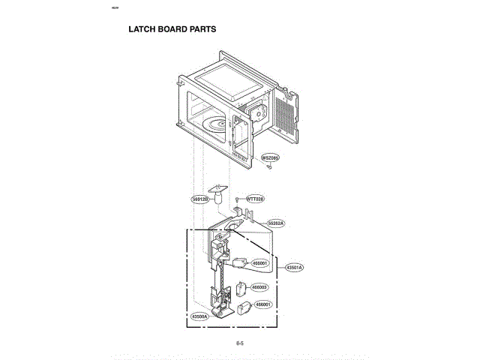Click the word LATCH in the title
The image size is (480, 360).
pos(142,29)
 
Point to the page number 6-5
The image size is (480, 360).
pos(240,343)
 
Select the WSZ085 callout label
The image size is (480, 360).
pos(270,158)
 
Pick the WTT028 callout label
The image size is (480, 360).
pos(256,199)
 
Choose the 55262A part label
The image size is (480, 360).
pos(277,223)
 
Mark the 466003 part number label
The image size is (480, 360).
pos(259,287)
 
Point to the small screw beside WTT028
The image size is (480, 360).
pos(237,199)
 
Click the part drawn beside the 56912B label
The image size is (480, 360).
pos(219,193)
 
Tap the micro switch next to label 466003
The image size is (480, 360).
pos(241,289)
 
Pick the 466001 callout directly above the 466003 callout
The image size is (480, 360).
pos(259,263)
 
